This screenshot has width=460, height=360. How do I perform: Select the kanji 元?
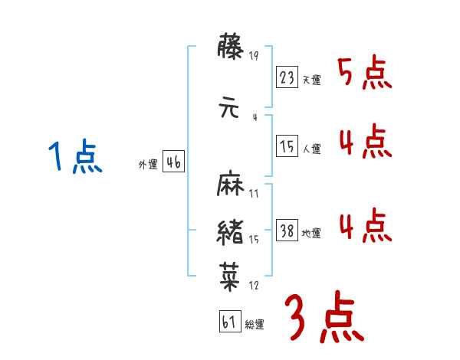(232, 107)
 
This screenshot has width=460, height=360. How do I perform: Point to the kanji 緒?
(232, 231)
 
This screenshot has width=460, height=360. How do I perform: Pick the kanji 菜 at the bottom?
(232, 273)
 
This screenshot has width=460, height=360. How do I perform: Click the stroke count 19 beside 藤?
(254, 56)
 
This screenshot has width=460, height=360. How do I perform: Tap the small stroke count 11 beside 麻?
(254, 194)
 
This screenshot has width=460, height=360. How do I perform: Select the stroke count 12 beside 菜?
(254, 285)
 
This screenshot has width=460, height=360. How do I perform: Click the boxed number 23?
(287, 77)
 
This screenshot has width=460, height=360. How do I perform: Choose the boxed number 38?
(287, 231)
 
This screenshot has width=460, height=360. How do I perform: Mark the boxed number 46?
(173, 162)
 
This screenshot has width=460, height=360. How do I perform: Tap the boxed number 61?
(228, 322)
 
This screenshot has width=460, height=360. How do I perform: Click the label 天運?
(311, 80)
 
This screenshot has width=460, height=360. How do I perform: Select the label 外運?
(147, 165)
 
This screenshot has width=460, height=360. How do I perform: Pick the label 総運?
(254, 325)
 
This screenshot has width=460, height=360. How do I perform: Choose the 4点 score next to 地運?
(365, 224)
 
